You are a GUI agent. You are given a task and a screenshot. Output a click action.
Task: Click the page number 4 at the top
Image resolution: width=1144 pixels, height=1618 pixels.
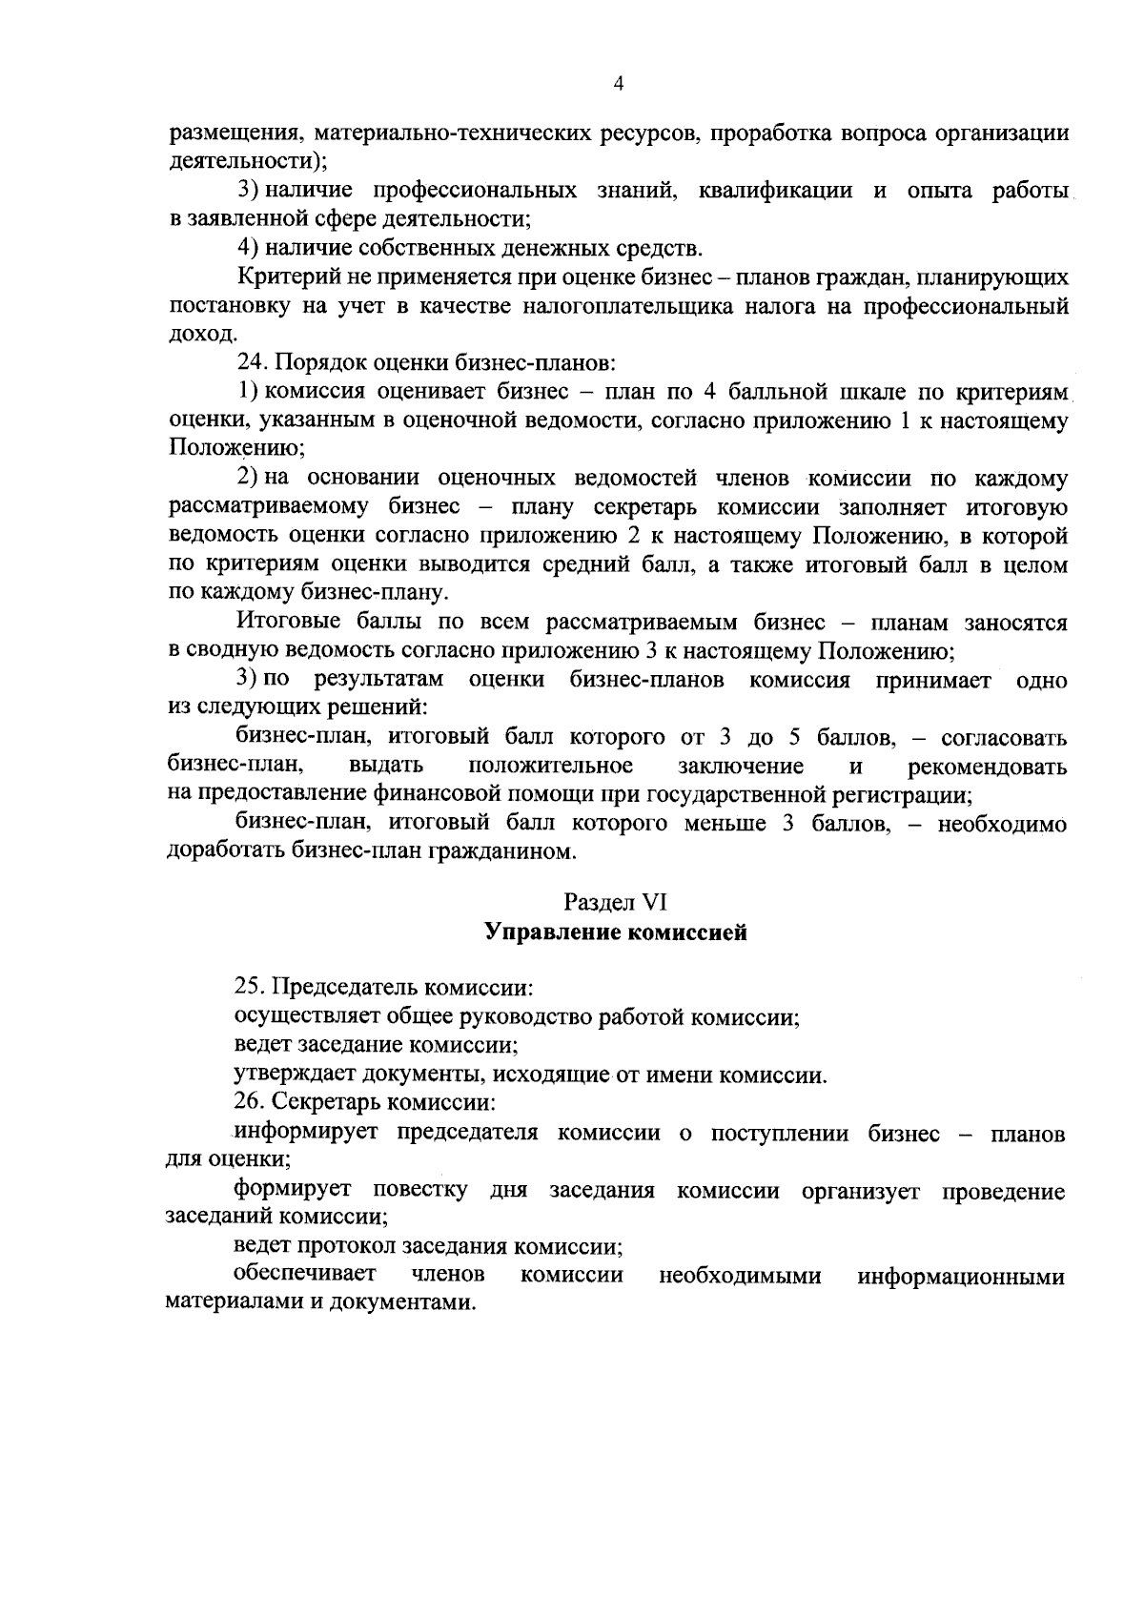point(619,85)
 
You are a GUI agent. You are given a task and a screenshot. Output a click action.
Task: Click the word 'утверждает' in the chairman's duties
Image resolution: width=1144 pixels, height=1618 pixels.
point(294,1075)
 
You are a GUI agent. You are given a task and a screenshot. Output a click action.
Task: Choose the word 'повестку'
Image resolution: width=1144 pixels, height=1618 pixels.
point(419,1191)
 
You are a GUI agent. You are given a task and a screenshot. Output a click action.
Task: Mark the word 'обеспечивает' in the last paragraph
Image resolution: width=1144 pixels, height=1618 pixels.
point(303,1274)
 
